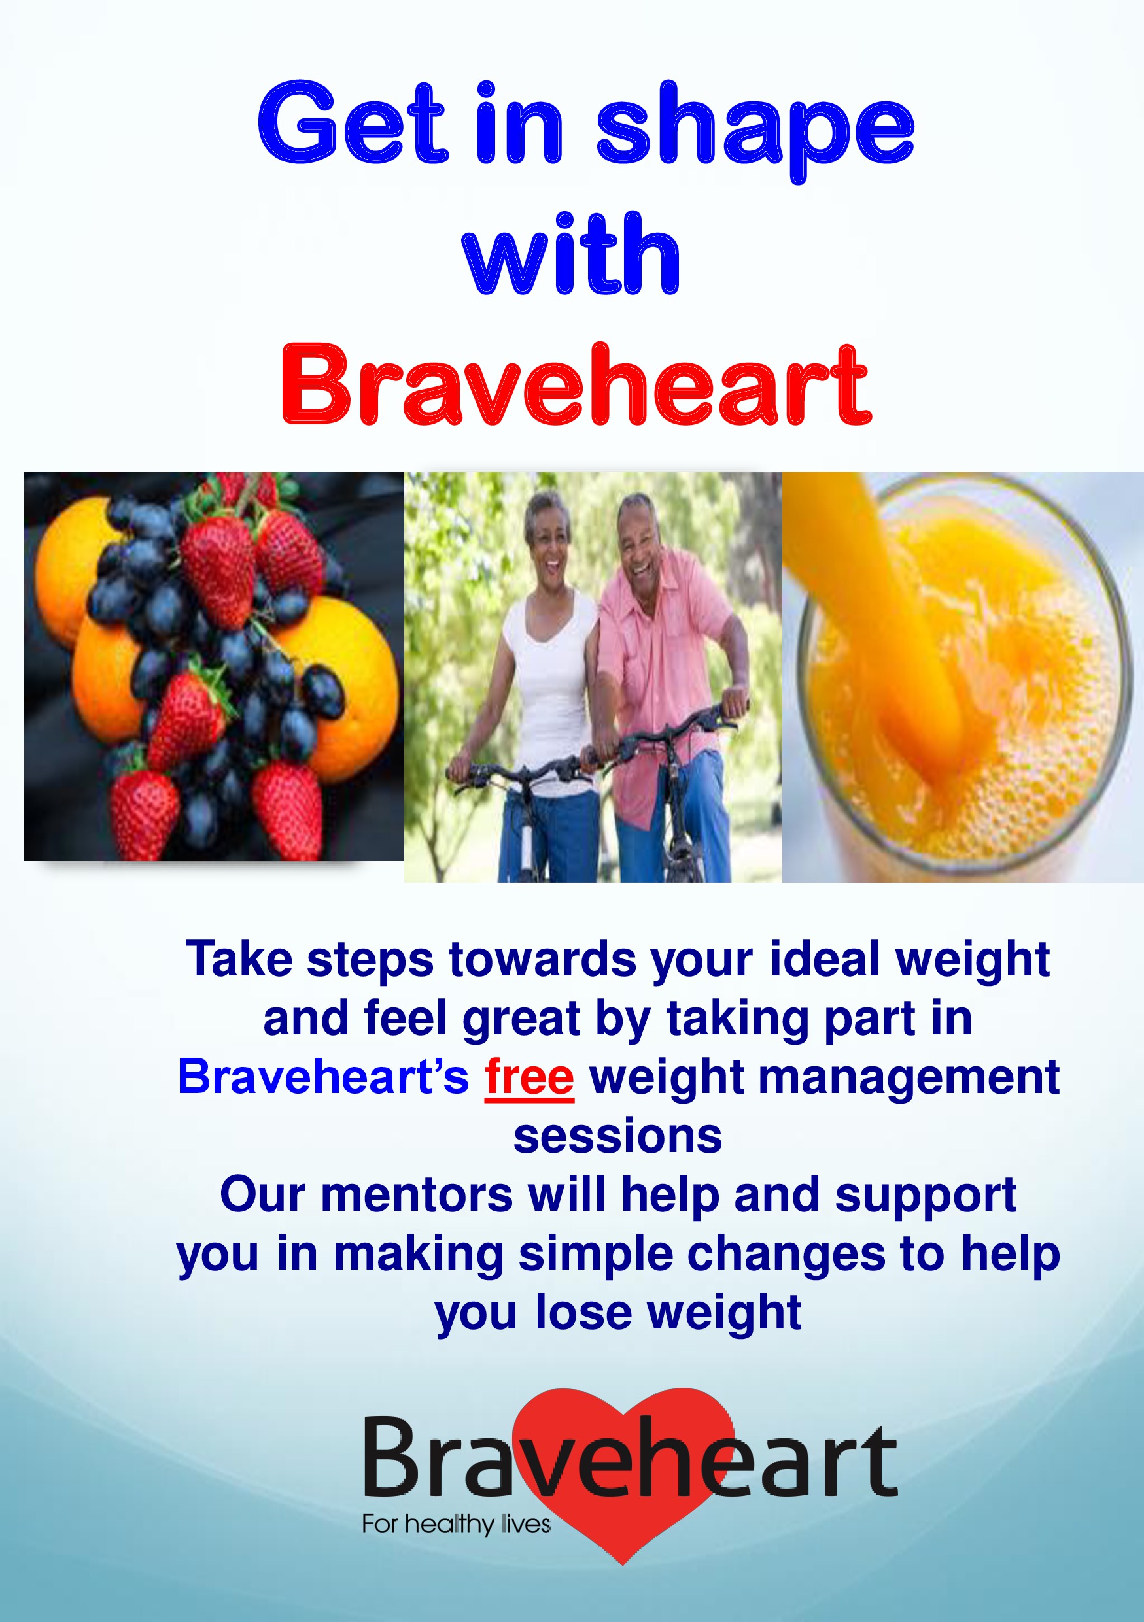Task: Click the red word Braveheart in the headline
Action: pos(576,385)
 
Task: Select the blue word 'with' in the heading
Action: pos(571,253)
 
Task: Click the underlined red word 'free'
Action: pos(529,1077)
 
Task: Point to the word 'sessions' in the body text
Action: pos(617,1136)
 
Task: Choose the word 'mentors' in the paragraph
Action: pos(417,1195)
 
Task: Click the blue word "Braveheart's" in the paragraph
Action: pos(324,1077)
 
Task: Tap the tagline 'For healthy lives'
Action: pos(457,1524)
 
